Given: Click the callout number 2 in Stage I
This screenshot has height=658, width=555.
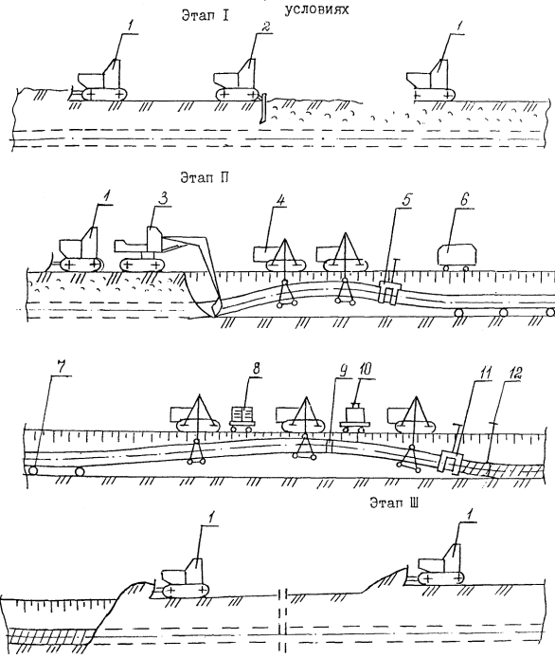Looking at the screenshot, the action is [x=265, y=28].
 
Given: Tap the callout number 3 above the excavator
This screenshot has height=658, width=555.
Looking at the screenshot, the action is [x=164, y=199].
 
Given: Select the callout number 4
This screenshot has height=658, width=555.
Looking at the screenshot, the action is [x=280, y=200].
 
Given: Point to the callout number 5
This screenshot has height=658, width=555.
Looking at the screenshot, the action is [x=405, y=201].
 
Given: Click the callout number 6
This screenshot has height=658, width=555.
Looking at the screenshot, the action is [x=463, y=200].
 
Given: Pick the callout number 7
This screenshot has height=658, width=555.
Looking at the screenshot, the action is [x=61, y=368].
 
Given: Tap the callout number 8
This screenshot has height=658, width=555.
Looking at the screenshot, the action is [x=256, y=368].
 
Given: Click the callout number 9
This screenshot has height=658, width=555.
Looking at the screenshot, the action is [x=343, y=370].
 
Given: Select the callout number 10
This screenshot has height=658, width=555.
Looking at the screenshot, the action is [x=365, y=369].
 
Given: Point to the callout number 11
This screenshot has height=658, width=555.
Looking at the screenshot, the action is [x=486, y=374].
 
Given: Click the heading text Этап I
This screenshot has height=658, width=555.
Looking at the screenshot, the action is [x=205, y=15].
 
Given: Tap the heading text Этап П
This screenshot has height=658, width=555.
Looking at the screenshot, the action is [x=205, y=178].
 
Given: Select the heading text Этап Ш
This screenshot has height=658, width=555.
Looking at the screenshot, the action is [x=394, y=503].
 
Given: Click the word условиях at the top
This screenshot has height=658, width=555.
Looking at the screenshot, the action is [x=316, y=9].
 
